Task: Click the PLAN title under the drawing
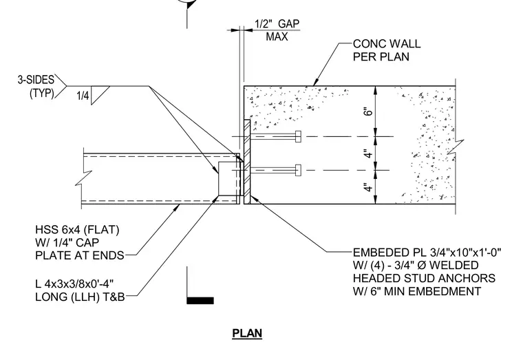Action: pyautogui.click(x=247, y=333)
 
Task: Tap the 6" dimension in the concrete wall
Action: pyautogui.click(x=367, y=112)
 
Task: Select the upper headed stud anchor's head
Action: pyautogui.click(x=298, y=136)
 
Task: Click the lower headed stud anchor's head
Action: pyautogui.click(x=298, y=170)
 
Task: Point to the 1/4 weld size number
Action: pyautogui.click(x=83, y=96)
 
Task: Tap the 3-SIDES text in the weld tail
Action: pyautogui.click(x=36, y=80)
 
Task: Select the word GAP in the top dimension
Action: pyautogui.click(x=289, y=23)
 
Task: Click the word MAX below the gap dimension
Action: pyautogui.click(x=277, y=36)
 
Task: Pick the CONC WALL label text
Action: pyautogui.click(x=387, y=43)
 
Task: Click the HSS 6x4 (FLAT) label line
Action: pyautogui.click(x=77, y=229)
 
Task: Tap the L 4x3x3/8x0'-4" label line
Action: pyautogui.click(x=74, y=284)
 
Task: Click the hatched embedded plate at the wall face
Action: pyautogui.click(x=247, y=162)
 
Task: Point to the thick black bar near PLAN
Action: pyautogui.click(x=200, y=301)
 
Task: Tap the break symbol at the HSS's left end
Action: pyautogui.click(x=83, y=178)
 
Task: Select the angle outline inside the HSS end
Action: pyautogui.click(x=231, y=178)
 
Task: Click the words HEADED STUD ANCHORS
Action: pyautogui.click(x=424, y=278)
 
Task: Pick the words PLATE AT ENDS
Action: pyautogui.click(x=80, y=255)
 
